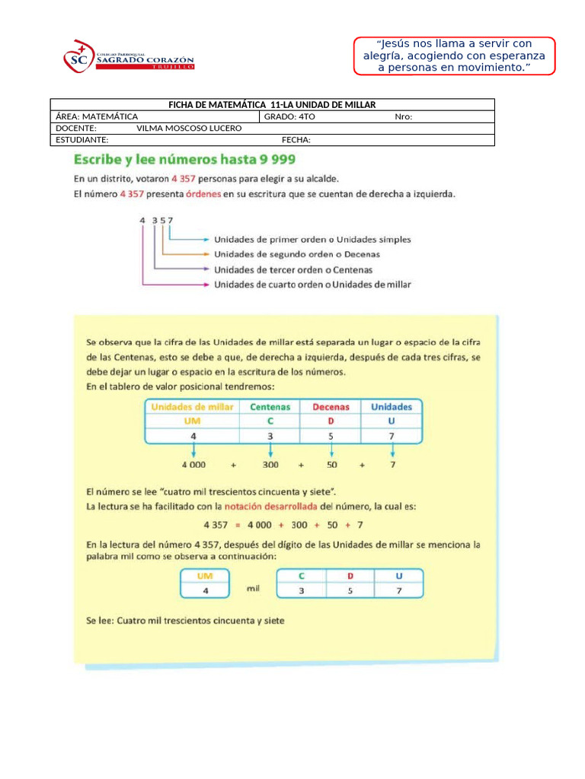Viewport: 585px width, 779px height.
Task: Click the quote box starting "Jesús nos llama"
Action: (455, 56)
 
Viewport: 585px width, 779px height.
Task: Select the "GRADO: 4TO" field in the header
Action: (290, 116)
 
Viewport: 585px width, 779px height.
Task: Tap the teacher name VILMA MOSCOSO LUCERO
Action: (189, 128)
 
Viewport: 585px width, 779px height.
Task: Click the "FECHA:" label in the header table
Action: (296, 139)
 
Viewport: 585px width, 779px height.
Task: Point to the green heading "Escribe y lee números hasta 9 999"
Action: (184, 160)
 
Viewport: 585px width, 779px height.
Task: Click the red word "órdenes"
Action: (201, 194)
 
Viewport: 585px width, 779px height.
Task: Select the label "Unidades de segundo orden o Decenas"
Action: (297, 254)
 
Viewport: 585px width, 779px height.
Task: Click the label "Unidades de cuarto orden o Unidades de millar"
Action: (312, 285)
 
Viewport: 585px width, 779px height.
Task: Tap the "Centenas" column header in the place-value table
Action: (270, 407)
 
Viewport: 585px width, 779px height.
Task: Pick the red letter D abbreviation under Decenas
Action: (330, 421)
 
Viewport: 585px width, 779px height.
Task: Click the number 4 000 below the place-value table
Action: (193, 464)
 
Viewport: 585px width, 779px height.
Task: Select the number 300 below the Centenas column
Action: (270, 464)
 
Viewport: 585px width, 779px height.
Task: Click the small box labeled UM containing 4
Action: (204, 583)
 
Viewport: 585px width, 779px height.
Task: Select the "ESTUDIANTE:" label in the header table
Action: (82, 139)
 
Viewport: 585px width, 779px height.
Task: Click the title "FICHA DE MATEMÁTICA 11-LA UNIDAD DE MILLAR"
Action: (272, 105)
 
